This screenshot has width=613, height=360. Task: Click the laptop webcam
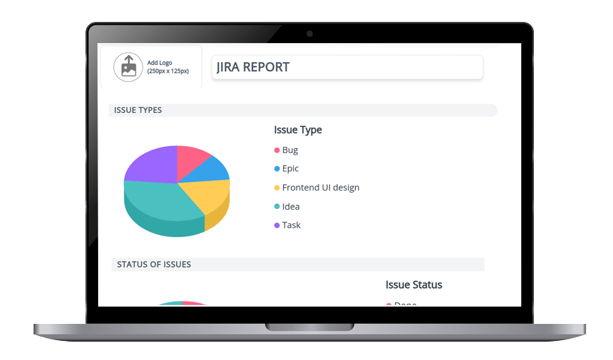click(309, 33)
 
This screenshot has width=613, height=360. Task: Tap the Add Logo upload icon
click(128, 67)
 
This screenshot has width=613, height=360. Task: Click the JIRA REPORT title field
click(347, 68)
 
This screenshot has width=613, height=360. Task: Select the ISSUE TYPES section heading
click(138, 110)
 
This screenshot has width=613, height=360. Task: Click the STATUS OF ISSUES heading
click(154, 264)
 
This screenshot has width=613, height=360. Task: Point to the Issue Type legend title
click(298, 130)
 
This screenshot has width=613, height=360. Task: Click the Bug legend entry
click(290, 150)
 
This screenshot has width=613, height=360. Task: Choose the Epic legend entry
click(290, 169)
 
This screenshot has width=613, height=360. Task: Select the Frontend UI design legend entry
click(320, 188)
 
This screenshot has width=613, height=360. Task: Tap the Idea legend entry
click(290, 207)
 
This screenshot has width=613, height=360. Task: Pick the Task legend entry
click(291, 225)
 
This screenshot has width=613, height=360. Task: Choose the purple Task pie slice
click(150, 166)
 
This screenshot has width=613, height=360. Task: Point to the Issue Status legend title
click(414, 285)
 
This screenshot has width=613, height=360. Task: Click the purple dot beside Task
click(277, 225)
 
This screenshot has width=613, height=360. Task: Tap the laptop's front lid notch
click(309, 327)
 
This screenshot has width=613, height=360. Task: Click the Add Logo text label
click(160, 63)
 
